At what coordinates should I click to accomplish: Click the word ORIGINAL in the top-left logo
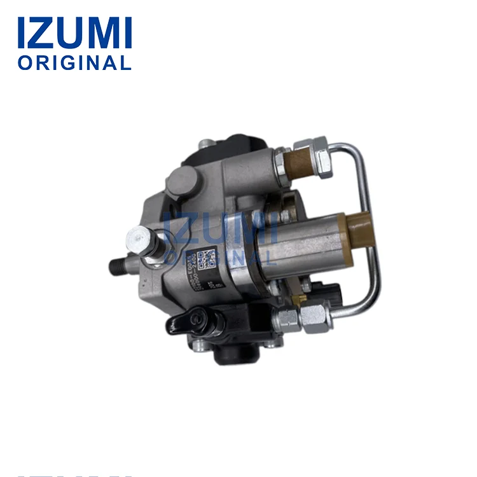coord(74,63)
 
